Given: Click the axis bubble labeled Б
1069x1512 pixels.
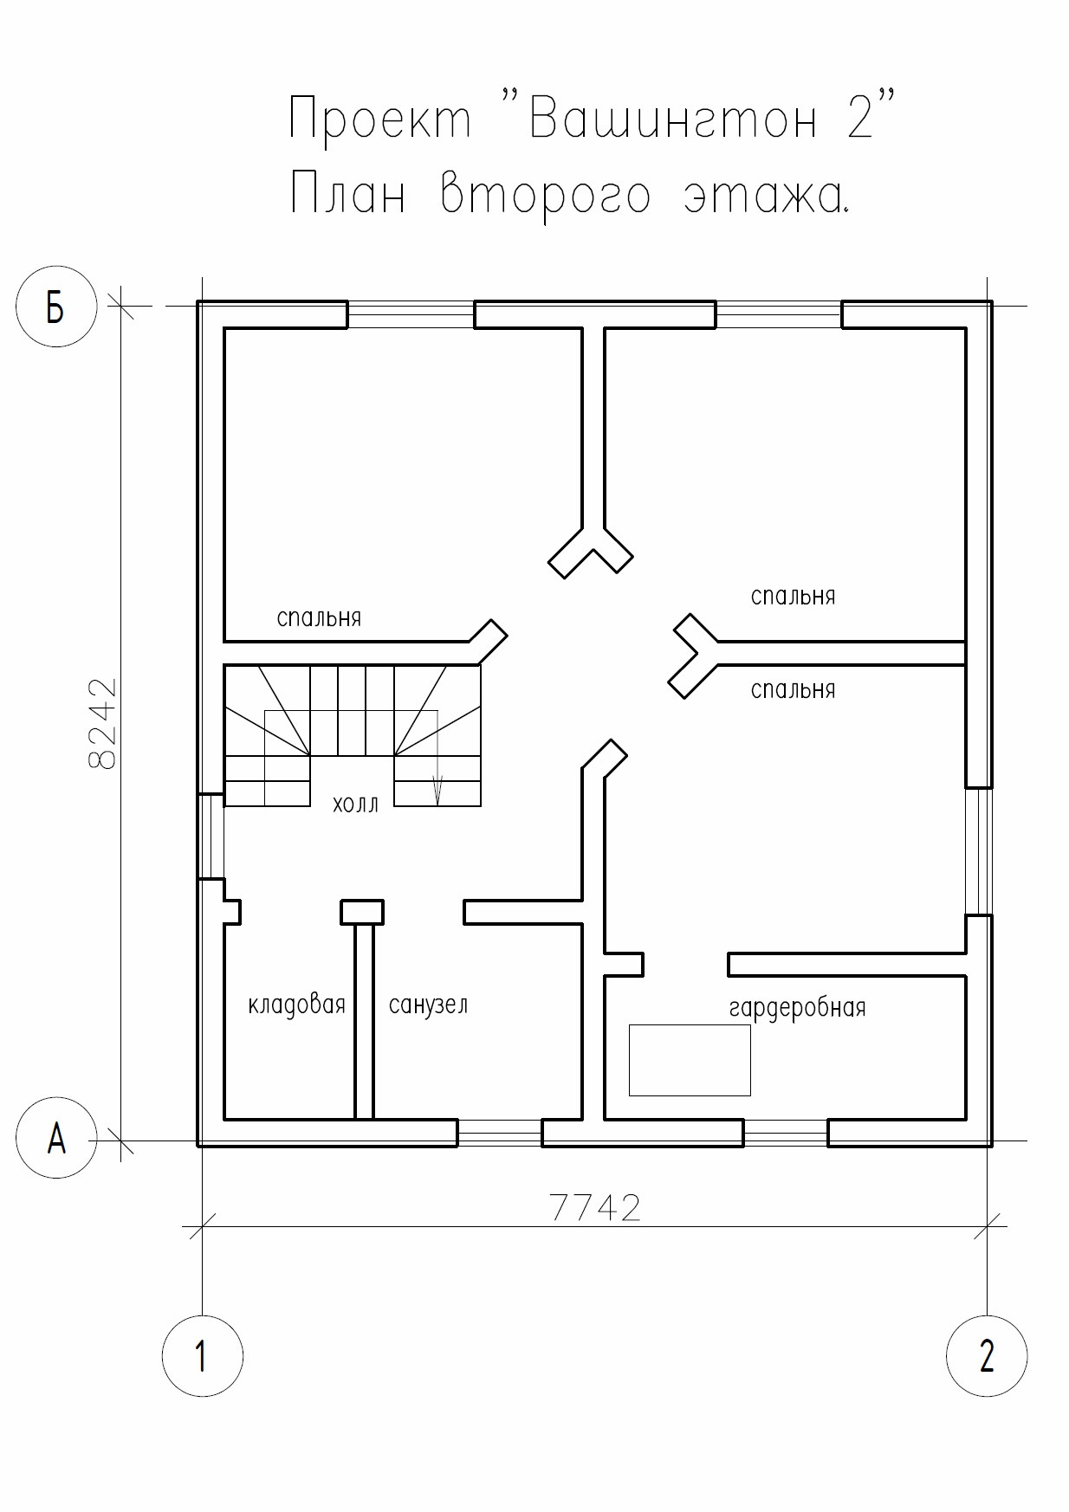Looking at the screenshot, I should tap(55, 307).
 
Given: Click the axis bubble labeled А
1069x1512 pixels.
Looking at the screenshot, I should tap(56, 1138).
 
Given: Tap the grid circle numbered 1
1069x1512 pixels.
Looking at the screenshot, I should tap(202, 1355).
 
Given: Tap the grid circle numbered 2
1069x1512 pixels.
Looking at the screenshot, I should tap(987, 1355).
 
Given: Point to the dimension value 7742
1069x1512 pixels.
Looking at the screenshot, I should tap(596, 1207).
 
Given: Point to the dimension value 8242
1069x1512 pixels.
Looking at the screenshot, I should tap(103, 723).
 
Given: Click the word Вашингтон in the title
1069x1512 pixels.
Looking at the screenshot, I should tap(671, 119).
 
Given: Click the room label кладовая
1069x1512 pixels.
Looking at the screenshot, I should tap(296, 1005).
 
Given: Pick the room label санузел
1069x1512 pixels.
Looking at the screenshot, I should tap(428, 1005).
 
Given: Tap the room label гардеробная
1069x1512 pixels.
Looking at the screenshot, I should tap(797, 1008).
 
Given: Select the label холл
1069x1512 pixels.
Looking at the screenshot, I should tap(355, 804).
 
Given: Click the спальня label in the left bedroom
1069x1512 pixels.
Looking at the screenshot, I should tap(319, 618).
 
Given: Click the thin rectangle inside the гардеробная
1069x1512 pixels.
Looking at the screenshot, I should tap(690, 1059).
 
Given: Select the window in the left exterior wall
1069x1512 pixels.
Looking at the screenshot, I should tap(211, 837).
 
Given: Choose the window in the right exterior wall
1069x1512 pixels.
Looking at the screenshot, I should tap(978, 850).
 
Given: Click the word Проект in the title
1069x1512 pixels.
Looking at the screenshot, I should tap(380, 119).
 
